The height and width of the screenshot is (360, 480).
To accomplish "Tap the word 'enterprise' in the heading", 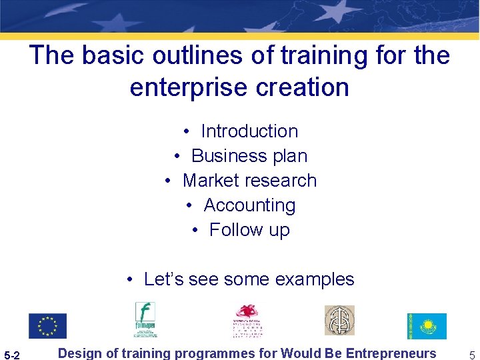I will pyautogui.click(x=187, y=87).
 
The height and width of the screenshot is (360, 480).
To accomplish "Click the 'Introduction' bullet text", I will pyautogui.click(x=249, y=131).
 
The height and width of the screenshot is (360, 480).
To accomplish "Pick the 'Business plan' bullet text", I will pyautogui.click(x=249, y=156).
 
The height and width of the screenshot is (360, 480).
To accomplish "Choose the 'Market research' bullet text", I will pyautogui.click(x=249, y=181).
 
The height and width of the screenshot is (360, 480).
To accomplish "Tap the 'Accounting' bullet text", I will pyautogui.click(x=249, y=205).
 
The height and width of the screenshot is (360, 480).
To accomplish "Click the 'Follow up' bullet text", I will pyautogui.click(x=249, y=230).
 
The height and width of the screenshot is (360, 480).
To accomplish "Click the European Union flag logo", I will pyautogui.click(x=47, y=325).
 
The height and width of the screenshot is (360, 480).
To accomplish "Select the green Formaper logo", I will pyautogui.click(x=145, y=319).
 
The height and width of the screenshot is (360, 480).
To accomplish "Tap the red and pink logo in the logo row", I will pyautogui.click(x=248, y=321).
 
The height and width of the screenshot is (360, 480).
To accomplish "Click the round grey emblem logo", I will pyautogui.click(x=339, y=321).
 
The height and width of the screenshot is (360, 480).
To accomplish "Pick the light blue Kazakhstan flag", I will pyautogui.click(x=427, y=326).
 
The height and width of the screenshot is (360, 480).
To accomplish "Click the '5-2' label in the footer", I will pyautogui.click(x=13, y=355).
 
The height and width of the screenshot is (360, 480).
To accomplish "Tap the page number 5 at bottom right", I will pyautogui.click(x=471, y=355).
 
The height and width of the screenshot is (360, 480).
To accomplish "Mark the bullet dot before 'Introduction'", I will pyautogui.click(x=189, y=132).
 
